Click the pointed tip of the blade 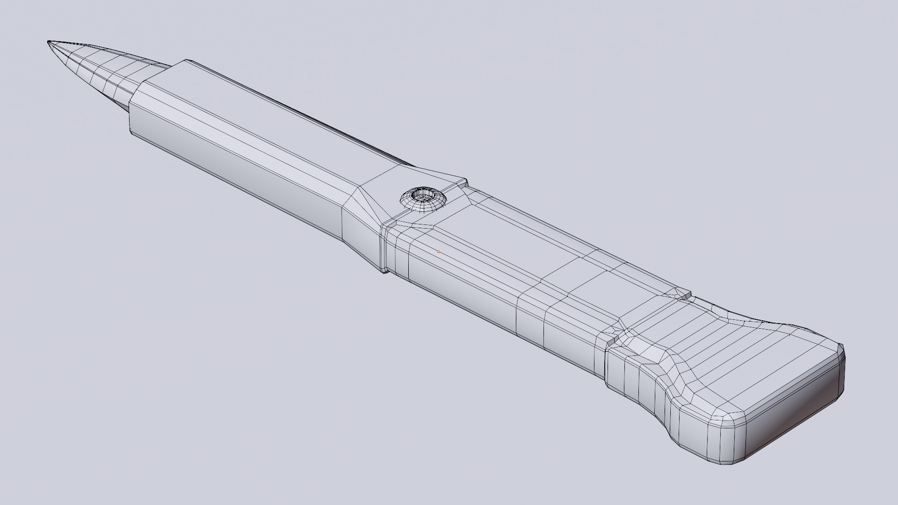pyautogui.click(x=49, y=43)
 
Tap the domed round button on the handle pyautogui.click(x=422, y=200)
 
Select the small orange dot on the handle pyautogui.click(x=438, y=252)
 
